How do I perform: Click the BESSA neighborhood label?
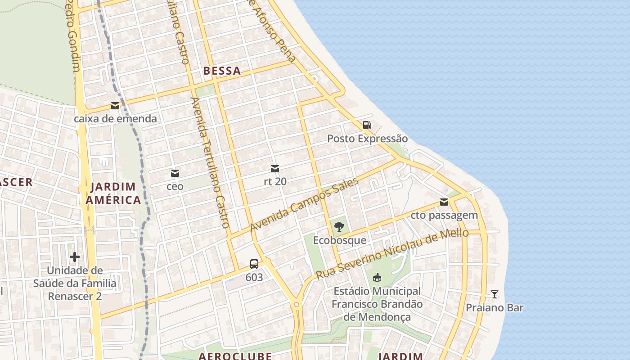(x=222, y=71)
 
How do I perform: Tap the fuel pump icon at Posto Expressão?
(x=367, y=125)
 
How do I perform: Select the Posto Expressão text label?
(x=367, y=139)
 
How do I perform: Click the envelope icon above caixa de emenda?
(x=115, y=106)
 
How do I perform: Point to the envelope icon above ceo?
(x=175, y=173)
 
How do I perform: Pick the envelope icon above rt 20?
(x=275, y=169)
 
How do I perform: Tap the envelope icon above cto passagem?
(x=444, y=202)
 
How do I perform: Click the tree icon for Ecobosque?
(x=339, y=227)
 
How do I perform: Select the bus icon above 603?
(x=254, y=264)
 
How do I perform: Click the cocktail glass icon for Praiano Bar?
(x=495, y=294)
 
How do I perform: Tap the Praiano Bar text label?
(x=495, y=308)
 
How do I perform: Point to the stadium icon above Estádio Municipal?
(x=377, y=278)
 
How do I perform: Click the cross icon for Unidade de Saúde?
(x=75, y=257)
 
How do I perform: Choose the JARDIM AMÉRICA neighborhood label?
(x=113, y=193)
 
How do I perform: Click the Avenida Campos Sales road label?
(x=304, y=204)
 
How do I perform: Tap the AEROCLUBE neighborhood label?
(x=235, y=355)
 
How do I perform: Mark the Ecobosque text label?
(x=339, y=240)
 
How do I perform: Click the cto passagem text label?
(x=444, y=215)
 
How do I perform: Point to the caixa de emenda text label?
(x=115, y=119)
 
